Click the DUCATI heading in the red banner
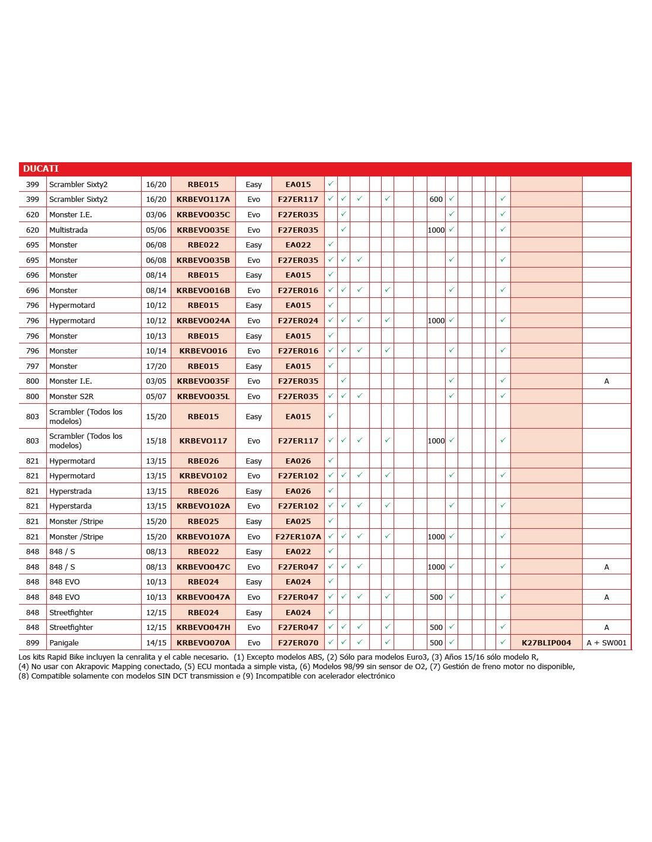click(x=41, y=169)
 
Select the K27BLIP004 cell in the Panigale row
click(x=546, y=642)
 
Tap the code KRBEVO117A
click(x=203, y=200)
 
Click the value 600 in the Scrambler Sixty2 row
click(x=436, y=200)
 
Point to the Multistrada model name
click(x=69, y=230)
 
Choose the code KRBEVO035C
click(x=203, y=214)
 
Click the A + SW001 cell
click(x=606, y=642)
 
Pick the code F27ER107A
click(x=298, y=536)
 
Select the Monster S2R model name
click(x=71, y=396)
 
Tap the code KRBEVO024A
click(x=203, y=320)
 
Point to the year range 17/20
click(x=156, y=366)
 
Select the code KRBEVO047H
click(x=203, y=627)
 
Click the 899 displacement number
click(x=33, y=642)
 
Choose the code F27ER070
click(x=298, y=642)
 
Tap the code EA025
click(x=298, y=521)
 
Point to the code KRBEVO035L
click(x=203, y=396)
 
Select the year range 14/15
click(x=156, y=642)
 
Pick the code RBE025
click(x=203, y=521)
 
